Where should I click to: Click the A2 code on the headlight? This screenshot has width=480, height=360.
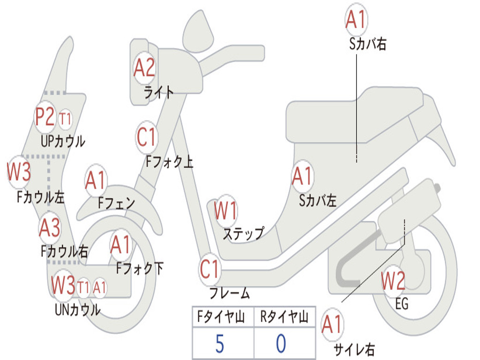(144, 68)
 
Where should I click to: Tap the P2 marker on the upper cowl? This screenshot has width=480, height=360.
(45, 117)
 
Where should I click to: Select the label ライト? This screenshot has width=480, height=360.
(159, 92)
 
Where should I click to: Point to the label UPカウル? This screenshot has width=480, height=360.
(63, 141)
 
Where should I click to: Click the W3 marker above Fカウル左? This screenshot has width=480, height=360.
(19, 172)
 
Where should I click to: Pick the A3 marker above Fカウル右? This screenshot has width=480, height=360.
(49, 228)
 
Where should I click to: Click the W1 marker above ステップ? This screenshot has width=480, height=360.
(225, 210)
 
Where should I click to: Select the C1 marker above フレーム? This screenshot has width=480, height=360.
(210, 269)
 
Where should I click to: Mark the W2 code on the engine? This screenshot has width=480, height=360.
(393, 281)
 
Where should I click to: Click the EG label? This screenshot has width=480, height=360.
(402, 304)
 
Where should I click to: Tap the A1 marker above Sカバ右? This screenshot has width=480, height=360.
(355, 19)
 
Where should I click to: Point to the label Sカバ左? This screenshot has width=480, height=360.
(318, 201)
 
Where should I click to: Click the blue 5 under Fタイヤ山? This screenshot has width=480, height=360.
(219, 344)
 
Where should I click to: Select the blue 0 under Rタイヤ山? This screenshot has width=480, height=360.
(281, 344)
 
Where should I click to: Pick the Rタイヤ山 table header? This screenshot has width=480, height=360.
(284, 318)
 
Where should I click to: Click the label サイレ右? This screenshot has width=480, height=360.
(354, 349)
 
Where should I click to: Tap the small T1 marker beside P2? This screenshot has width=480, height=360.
(65, 119)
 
